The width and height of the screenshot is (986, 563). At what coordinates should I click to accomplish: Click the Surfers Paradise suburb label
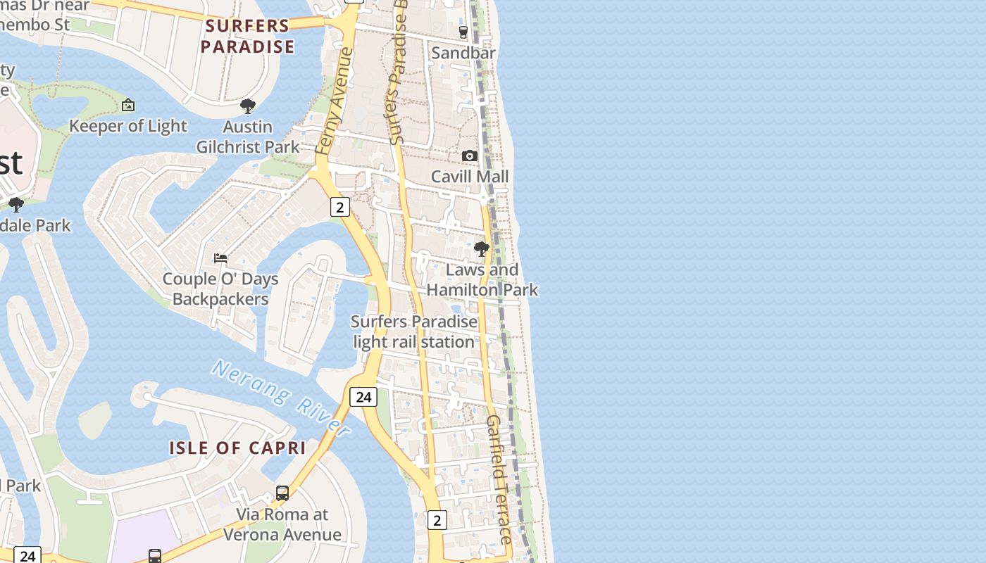click(247, 37)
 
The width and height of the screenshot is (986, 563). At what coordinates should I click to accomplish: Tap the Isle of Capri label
click(237, 448)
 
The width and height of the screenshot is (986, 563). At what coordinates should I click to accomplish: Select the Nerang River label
click(281, 398)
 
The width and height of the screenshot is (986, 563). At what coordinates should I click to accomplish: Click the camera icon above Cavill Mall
click(470, 156)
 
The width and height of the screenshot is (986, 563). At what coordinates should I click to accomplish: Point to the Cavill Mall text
click(470, 176)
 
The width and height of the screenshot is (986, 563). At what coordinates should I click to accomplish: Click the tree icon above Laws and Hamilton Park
click(482, 249)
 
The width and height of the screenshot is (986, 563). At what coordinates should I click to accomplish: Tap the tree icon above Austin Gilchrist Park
click(247, 106)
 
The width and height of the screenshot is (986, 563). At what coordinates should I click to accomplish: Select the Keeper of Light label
click(128, 126)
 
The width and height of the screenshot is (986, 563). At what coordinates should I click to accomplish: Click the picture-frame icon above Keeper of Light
click(128, 105)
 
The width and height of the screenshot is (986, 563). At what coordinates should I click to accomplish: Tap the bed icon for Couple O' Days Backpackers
click(220, 258)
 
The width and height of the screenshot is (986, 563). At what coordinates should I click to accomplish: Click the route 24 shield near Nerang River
click(363, 397)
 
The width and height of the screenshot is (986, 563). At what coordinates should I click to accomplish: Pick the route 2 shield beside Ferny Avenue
click(340, 207)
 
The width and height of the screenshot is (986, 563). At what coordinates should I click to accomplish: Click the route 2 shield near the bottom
click(437, 520)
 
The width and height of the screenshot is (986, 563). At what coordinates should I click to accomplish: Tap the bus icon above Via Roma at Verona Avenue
click(282, 493)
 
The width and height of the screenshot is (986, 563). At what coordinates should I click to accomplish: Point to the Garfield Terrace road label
click(499, 479)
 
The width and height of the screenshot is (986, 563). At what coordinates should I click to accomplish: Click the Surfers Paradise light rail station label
click(414, 331)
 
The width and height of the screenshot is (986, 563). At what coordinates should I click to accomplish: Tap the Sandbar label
click(463, 53)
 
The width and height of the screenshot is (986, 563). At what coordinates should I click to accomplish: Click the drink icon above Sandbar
click(463, 32)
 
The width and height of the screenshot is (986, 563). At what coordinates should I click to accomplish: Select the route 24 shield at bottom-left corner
click(27, 555)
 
